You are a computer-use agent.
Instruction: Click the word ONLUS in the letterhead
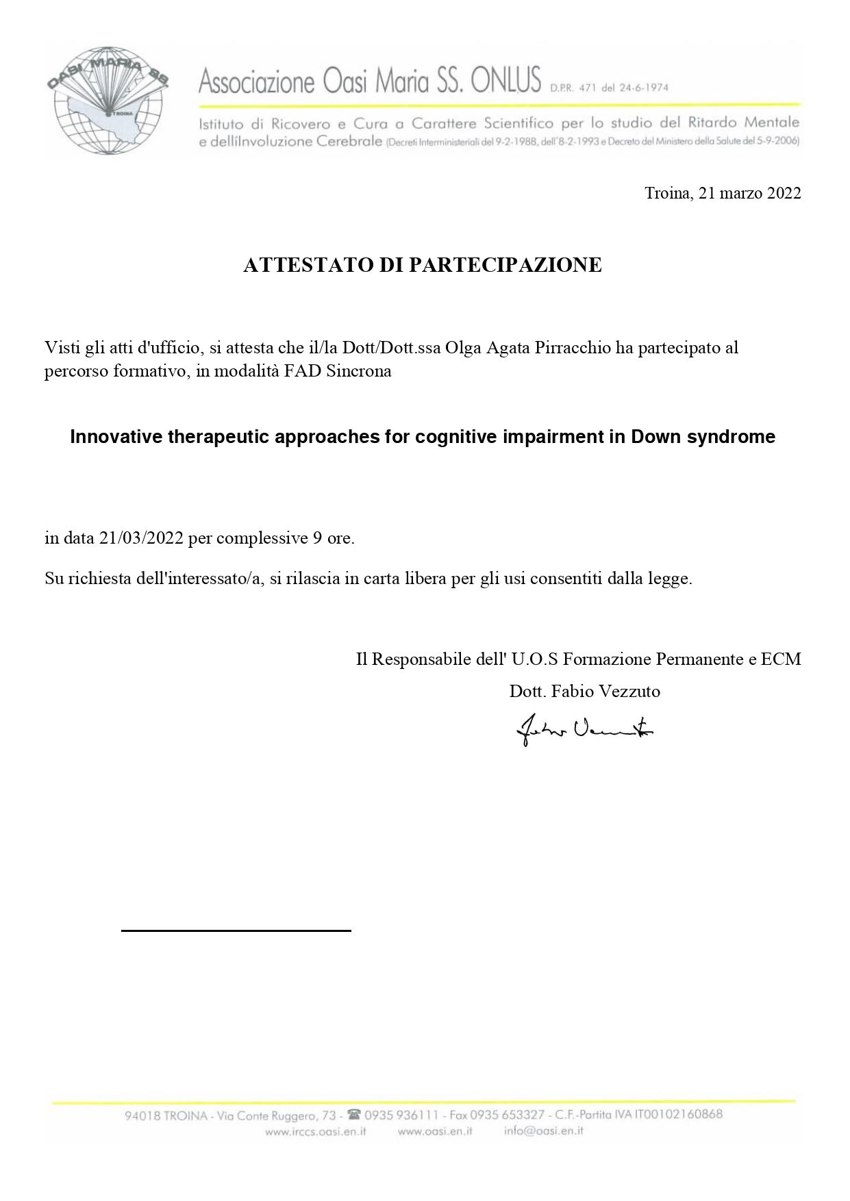(506, 81)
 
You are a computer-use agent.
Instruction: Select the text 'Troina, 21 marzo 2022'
(723, 193)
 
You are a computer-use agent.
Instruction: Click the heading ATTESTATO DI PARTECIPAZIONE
(423, 265)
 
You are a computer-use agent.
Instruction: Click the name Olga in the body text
(460, 347)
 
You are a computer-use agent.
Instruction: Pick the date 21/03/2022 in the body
(141, 538)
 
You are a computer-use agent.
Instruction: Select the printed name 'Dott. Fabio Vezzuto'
(584, 691)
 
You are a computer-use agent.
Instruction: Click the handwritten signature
(584, 731)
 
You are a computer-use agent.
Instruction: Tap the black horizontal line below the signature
(236, 931)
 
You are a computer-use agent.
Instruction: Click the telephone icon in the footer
(354, 1114)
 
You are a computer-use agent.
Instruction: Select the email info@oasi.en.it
(543, 1131)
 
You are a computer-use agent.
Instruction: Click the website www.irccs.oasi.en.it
(315, 1131)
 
